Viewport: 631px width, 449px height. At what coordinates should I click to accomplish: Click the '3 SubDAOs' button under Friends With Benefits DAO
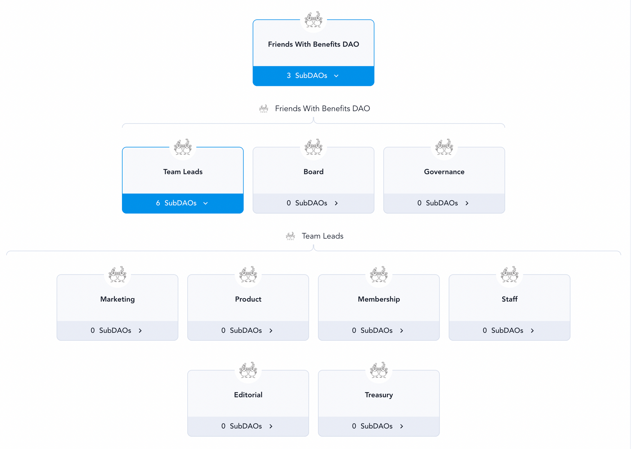point(313,76)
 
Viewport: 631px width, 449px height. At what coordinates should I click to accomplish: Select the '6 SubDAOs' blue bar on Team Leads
point(183,203)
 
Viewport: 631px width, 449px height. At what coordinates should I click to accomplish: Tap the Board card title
point(313,172)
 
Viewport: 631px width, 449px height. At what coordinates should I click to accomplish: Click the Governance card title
point(444,172)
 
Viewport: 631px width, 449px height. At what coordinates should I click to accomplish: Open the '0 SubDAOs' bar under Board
point(313,203)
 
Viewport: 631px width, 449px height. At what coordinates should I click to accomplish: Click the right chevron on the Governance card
point(467,203)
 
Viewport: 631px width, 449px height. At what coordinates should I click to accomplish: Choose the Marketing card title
point(118,299)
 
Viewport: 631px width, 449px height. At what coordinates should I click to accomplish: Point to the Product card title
point(248,299)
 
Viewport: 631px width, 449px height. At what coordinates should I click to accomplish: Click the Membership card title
point(379,299)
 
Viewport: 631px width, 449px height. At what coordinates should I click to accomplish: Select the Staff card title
point(510,299)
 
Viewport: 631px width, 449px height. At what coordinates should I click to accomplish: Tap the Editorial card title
point(248,395)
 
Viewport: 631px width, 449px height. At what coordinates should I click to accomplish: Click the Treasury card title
point(379,395)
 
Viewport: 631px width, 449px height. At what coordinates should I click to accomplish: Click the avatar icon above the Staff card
point(510,274)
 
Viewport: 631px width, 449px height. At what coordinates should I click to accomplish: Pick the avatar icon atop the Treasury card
point(379,370)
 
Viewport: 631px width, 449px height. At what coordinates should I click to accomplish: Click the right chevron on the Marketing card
point(140,331)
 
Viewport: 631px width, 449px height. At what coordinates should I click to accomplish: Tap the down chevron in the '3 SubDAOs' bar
point(336,76)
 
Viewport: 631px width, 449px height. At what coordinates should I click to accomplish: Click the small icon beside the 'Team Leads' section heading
point(290,236)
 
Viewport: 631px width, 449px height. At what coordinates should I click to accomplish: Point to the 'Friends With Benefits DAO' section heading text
point(323,109)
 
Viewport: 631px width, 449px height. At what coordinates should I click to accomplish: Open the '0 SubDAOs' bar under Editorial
point(248,426)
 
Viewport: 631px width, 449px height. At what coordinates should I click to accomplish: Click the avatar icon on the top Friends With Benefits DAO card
point(313,19)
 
